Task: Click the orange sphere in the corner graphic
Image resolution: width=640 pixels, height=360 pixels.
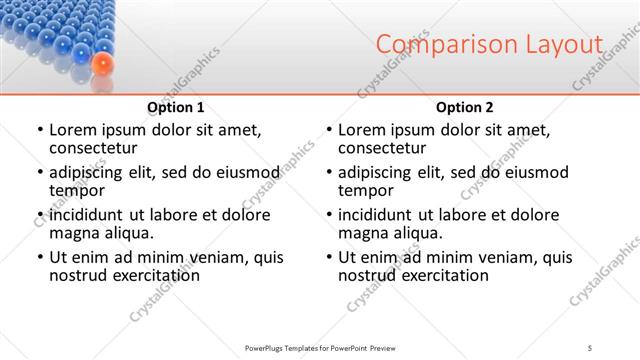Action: tap(100, 65)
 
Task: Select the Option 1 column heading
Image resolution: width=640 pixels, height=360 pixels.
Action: tap(175, 107)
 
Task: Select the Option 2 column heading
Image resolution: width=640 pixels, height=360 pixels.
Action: tap(464, 107)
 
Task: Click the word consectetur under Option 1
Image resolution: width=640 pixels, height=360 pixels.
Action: tap(92, 148)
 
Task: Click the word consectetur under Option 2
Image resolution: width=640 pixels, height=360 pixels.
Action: tap(381, 148)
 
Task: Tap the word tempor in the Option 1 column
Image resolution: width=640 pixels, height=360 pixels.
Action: tap(75, 190)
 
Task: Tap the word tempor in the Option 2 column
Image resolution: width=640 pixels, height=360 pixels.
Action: tap(364, 190)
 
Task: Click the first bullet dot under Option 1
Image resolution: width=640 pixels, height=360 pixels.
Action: tap(39, 130)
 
